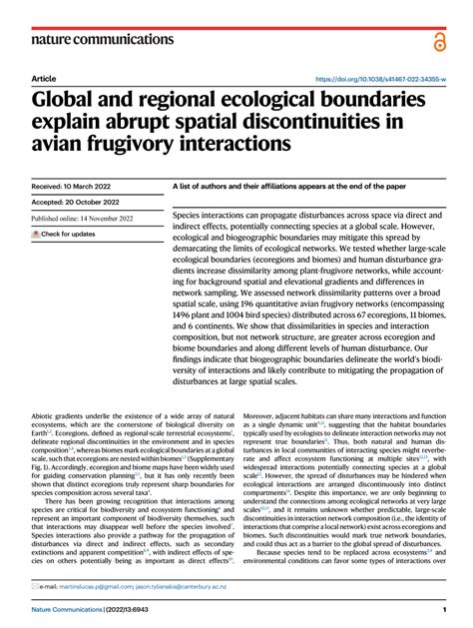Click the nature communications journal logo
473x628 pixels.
tap(102, 39)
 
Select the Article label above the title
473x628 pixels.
tap(43, 78)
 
